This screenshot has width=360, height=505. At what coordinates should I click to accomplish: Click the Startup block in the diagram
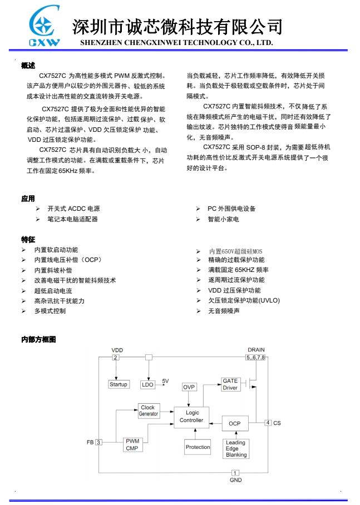tap(118, 384)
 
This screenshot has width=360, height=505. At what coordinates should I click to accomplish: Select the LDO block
tap(147, 384)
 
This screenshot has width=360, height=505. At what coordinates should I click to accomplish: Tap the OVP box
tap(189, 387)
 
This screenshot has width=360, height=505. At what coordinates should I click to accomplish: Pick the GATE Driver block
tap(230, 384)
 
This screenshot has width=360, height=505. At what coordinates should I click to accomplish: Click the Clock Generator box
tap(148, 410)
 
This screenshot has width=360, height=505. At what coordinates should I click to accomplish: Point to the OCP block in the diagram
tap(234, 423)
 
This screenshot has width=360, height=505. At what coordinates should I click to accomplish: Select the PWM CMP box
tap(132, 444)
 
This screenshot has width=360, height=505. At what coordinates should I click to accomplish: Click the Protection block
tap(198, 447)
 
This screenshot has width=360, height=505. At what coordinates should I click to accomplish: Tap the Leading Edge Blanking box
tap(236, 448)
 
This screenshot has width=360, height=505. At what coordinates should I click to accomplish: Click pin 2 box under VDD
tap(116, 357)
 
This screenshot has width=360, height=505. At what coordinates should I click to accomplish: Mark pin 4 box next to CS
tap(268, 423)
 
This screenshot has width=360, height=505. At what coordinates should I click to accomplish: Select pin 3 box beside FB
tap(98, 442)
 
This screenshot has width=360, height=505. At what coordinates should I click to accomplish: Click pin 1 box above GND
tap(235, 473)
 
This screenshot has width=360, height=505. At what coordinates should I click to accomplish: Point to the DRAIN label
tap(256, 350)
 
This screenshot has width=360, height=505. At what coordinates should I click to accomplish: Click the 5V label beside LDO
tap(165, 381)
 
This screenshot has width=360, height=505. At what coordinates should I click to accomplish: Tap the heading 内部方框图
tap(38, 339)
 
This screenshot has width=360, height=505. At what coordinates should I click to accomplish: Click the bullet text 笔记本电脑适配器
tap(72, 219)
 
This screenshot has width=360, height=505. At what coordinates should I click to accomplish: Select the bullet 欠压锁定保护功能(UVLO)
tap(244, 300)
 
